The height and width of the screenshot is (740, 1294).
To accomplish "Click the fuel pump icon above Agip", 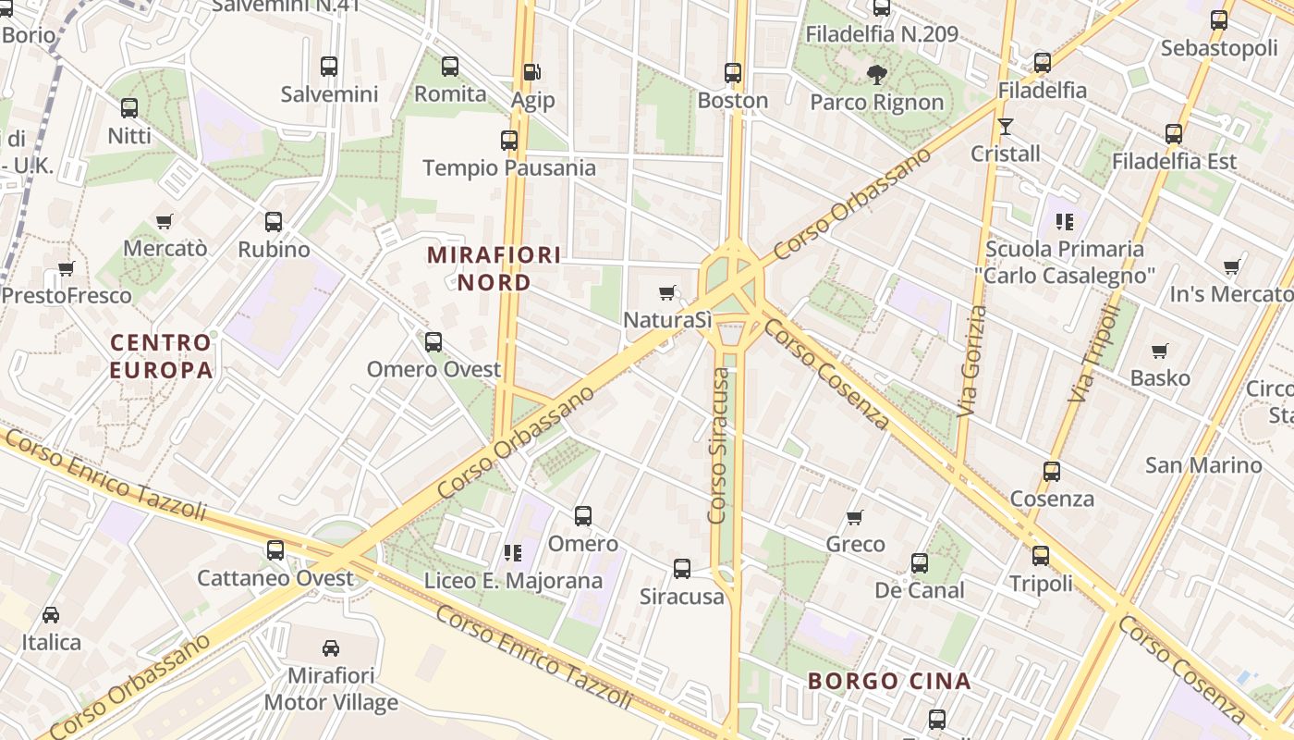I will [x=532, y=71].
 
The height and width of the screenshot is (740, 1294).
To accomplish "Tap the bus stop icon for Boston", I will [x=733, y=71].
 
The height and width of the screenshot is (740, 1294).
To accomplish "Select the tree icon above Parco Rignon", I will [x=876, y=74].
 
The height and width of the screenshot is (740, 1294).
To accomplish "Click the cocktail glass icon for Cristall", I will [x=1006, y=126].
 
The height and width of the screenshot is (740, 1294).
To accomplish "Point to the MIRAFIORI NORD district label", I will [x=494, y=268].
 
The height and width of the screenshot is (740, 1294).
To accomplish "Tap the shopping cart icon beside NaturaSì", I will [x=667, y=293].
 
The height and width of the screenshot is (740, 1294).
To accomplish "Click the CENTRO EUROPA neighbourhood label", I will [x=162, y=356].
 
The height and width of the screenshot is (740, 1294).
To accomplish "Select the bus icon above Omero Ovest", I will [x=433, y=341].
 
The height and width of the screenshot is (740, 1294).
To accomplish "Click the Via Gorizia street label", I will [x=970, y=361].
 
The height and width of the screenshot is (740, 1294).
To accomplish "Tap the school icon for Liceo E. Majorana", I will [x=513, y=553].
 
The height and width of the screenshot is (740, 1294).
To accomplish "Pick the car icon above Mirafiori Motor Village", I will [x=331, y=647].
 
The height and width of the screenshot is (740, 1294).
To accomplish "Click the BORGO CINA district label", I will [x=889, y=682].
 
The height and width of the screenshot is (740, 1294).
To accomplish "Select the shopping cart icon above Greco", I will [x=855, y=517].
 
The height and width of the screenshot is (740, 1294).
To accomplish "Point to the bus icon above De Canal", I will [x=919, y=562].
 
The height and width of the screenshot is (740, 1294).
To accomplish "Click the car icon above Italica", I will [x=51, y=614].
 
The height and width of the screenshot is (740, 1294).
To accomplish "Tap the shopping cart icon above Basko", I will [x=1160, y=351].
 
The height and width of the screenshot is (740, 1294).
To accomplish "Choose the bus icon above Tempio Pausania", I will [x=509, y=140].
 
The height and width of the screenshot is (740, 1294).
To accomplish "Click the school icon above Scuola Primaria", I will [x=1065, y=221].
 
